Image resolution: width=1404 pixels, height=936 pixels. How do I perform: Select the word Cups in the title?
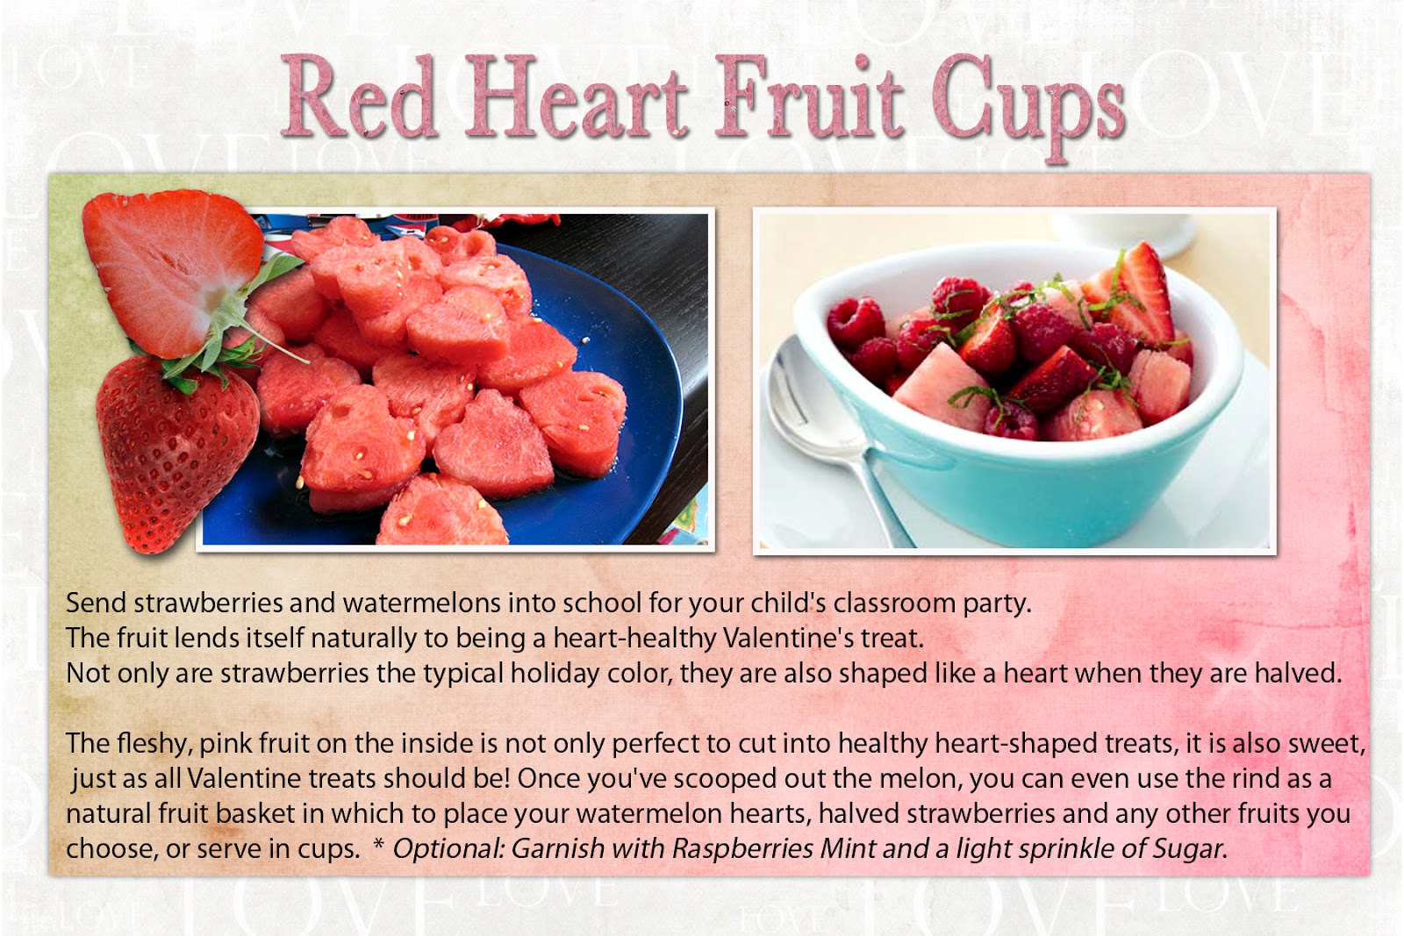1028,106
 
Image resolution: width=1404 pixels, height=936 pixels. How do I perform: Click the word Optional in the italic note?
448,849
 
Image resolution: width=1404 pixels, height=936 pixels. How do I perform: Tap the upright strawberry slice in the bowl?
1137,295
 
